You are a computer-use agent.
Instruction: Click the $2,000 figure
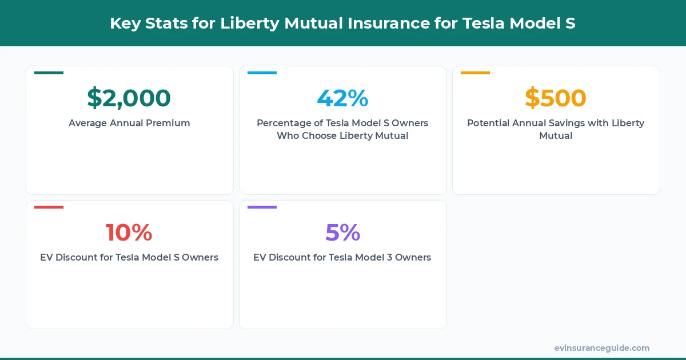click(x=129, y=98)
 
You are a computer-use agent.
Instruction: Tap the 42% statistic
click(x=342, y=98)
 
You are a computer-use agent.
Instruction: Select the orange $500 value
click(x=556, y=98)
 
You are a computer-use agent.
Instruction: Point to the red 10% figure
click(x=129, y=233)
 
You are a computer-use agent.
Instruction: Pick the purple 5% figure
click(x=342, y=233)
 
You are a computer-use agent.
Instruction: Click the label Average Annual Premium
click(x=129, y=123)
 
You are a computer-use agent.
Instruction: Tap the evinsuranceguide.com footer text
click(x=601, y=348)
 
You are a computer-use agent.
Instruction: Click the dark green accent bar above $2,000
click(x=49, y=73)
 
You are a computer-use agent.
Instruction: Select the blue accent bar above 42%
click(x=262, y=73)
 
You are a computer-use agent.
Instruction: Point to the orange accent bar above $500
click(x=475, y=73)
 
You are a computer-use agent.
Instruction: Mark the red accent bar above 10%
click(x=49, y=207)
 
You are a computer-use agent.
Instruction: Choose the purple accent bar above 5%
click(x=262, y=207)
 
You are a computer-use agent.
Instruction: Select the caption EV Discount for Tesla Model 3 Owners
click(x=342, y=257)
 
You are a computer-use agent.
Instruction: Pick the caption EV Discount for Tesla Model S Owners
click(x=129, y=257)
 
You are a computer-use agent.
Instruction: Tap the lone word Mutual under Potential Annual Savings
click(x=556, y=136)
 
